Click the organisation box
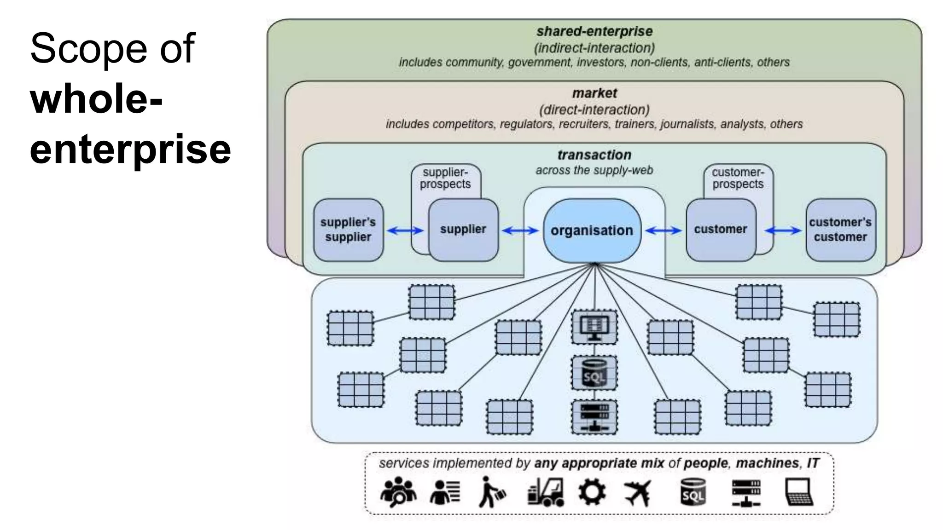tap(592, 230)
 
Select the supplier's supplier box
tap(348, 230)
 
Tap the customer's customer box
tap(840, 230)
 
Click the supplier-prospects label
tap(445, 178)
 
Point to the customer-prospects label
tap(738, 178)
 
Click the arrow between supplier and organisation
tap(520, 230)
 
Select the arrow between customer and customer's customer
tap(783, 230)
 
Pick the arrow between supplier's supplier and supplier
tap(405, 230)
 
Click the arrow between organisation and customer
tap(663, 230)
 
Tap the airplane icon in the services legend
tap(638, 493)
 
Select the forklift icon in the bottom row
tap(546, 492)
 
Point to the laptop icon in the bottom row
tap(798, 492)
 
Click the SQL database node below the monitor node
tap(594, 373)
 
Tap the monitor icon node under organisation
tap(594, 327)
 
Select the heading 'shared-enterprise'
tap(594, 31)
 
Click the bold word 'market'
tap(594, 93)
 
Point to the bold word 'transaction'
tap(594, 155)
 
